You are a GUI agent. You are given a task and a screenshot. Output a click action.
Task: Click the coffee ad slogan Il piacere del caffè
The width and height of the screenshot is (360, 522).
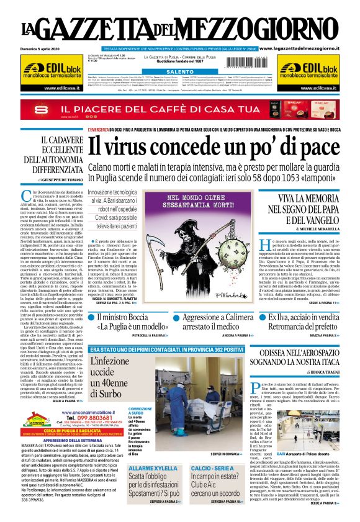pyautogui.click(x=143, y=109)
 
